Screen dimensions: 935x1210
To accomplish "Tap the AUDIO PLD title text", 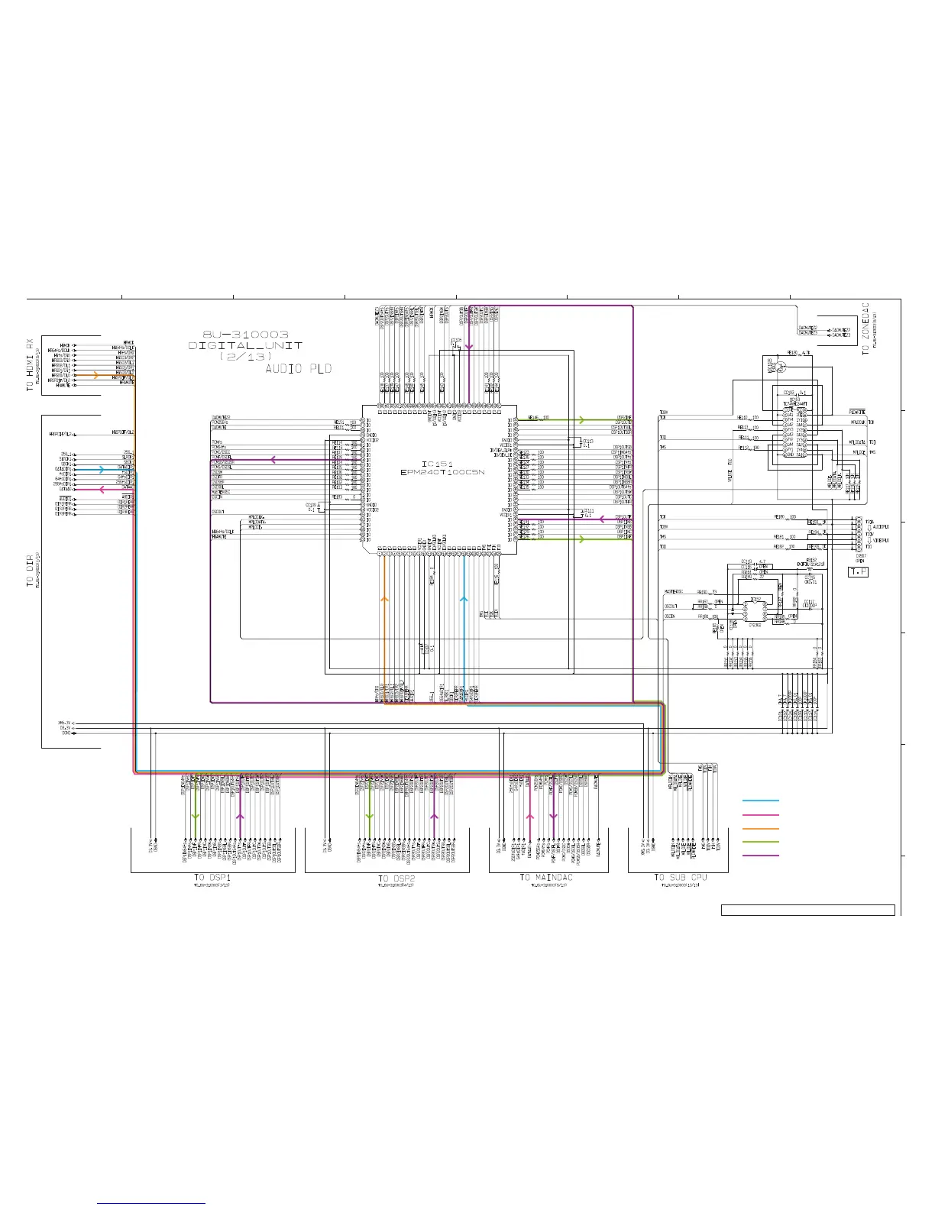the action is click(x=299, y=369).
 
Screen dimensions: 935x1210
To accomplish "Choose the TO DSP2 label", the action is click(x=396, y=878).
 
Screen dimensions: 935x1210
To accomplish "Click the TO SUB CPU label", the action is click(x=681, y=878).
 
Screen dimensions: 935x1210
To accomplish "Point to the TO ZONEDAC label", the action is click(x=865, y=328).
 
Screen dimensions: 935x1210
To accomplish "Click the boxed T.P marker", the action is click(x=859, y=571).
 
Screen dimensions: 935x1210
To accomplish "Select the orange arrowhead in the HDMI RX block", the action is click(x=95, y=375).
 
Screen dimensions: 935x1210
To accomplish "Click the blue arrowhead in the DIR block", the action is click(x=102, y=470).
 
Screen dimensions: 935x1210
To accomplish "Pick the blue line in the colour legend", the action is click(x=761, y=801).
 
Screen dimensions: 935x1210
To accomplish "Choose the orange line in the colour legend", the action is click(x=761, y=828).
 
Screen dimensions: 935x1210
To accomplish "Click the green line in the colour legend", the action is click(x=761, y=842).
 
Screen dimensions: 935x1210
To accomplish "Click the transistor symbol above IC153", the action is click(x=780, y=366).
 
